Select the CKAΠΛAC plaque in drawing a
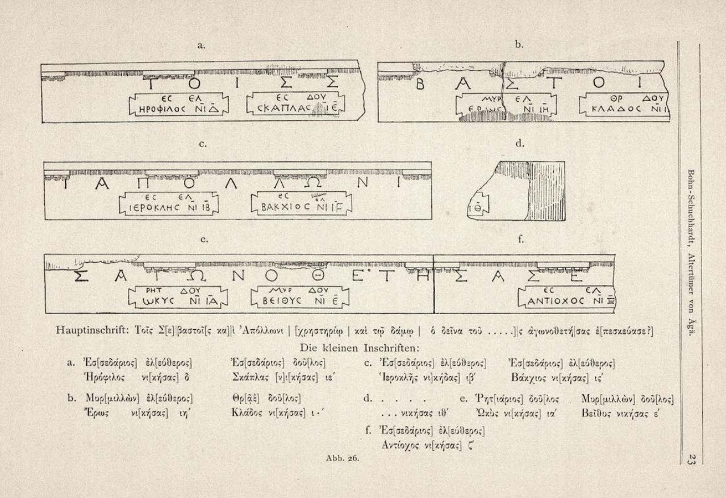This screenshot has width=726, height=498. [298, 103]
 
